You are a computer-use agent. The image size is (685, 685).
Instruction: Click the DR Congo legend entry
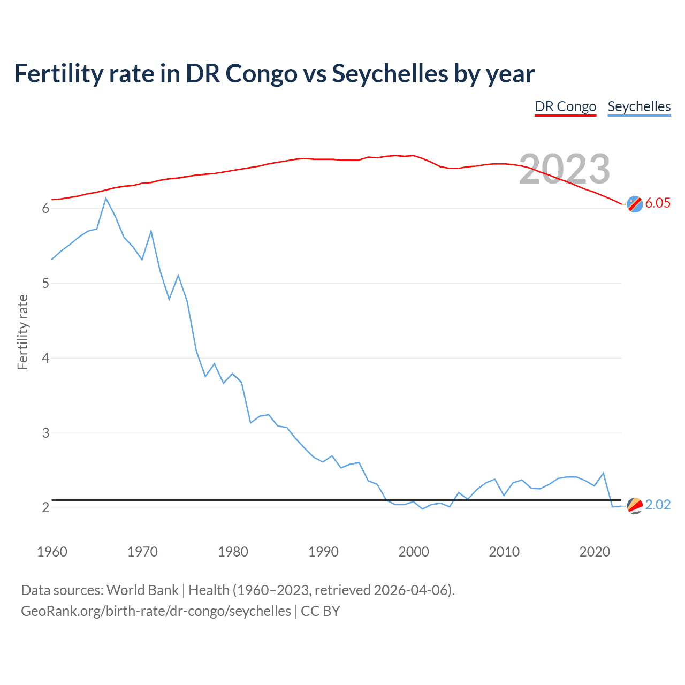(x=565, y=106)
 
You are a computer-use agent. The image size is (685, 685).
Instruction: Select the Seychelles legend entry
(x=639, y=106)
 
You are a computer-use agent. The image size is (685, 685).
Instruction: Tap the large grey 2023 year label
(x=565, y=169)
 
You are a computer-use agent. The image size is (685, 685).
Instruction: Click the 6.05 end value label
(x=658, y=203)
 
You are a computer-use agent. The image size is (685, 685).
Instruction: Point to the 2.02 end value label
(x=658, y=505)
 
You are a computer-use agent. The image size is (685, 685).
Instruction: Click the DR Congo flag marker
(x=635, y=204)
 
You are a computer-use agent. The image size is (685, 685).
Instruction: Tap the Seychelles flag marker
(x=635, y=505)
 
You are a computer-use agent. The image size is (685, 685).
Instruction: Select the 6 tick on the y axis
(x=45, y=208)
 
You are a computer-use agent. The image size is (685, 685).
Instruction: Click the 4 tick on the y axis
(x=45, y=358)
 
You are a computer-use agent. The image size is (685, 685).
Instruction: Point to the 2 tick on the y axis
(x=45, y=507)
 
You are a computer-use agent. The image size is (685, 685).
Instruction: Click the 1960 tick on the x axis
(x=52, y=552)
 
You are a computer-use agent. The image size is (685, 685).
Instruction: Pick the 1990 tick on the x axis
(x=323, y=552)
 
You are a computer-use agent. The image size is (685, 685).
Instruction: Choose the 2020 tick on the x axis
(x=595, y=552)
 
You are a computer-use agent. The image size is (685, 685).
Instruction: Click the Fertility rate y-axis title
(x=22, y=332)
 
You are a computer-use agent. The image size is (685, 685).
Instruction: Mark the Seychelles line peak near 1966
(x=106, y=199)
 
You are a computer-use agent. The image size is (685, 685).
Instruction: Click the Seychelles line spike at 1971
(x=151, y=231)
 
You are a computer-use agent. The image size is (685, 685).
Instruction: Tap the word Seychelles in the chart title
(x=390, y=73)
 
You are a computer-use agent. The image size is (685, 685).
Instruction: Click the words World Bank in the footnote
(x=142, y=590)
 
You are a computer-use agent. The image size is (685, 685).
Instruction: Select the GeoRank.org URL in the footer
(x=156, y=611)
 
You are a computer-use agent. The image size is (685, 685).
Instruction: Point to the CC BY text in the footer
(x=320, y=611)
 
